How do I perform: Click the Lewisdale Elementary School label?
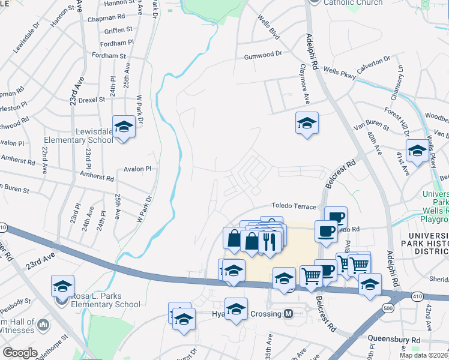pyautogui.click(x=78, y=136)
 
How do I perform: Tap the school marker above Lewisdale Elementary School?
pyautogui.click(x=124, y=127)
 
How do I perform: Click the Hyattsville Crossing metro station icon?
pyautogui.click(x=288, y=314)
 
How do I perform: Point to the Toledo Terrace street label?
pyautogui.click(x=294, y=206)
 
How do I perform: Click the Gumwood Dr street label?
pyautogui.click(x=263, y=55)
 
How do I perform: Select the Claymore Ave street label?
pyautogui.click(x=306, y=91)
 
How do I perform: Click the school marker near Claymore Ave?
pyautogui.click(x=307, y=124)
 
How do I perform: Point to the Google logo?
pyautogui.click(x=20, y=353)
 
